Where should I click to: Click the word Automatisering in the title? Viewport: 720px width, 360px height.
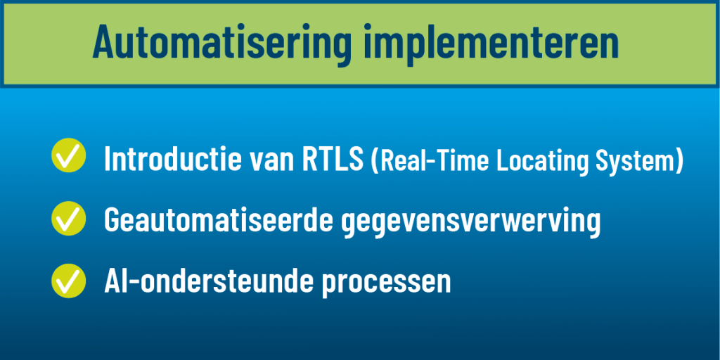(219, 42)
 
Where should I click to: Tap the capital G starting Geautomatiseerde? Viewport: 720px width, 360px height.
(112, 221)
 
